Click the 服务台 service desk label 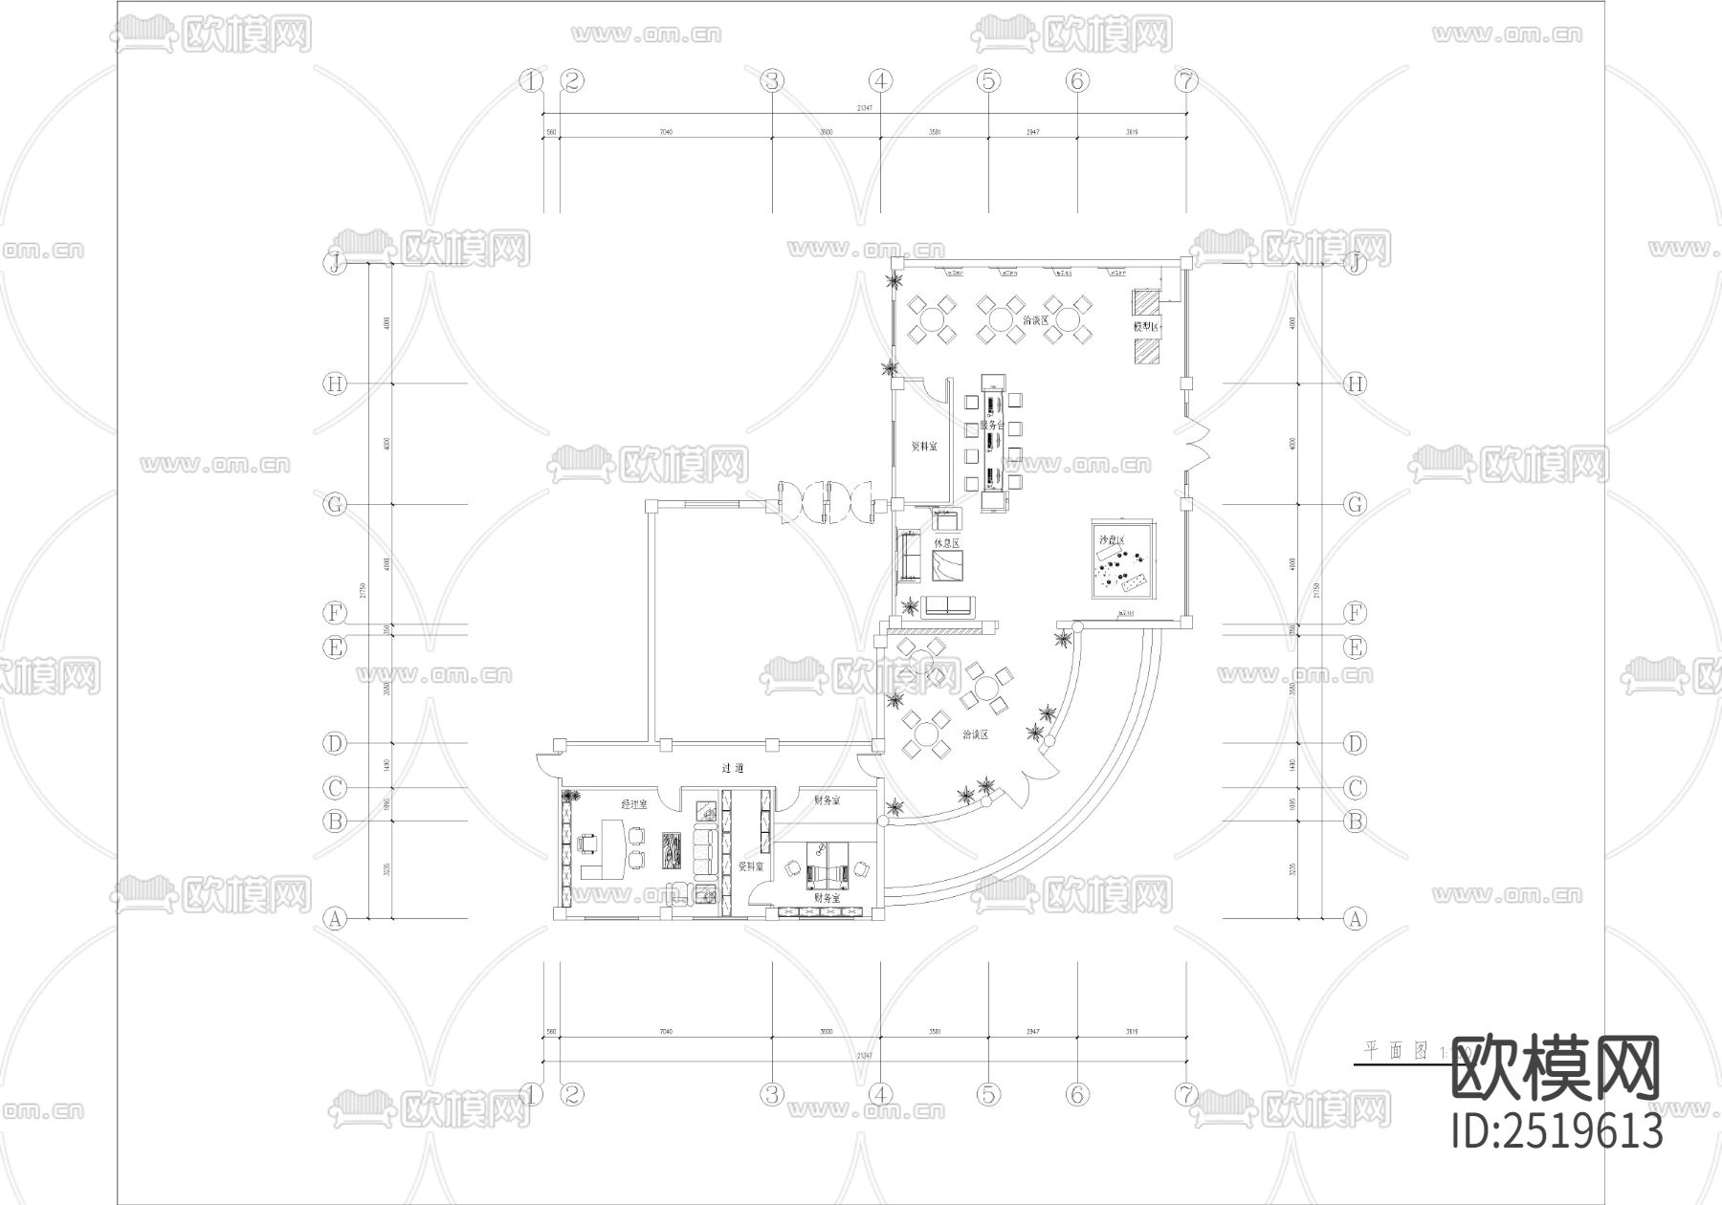(991, 424)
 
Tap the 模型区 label (1146, 327)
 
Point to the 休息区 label (946, 543)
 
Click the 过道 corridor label (733, 768)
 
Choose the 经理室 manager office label (633, 804)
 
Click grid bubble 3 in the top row (772, 81)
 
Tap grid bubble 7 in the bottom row (1185, 1093)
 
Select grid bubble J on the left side (335, 263)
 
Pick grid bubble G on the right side (1355, 504)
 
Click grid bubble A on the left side (335, 919)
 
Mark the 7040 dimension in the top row (666, 132)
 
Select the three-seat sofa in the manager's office (704, 853)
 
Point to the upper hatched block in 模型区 (1146, 302)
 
